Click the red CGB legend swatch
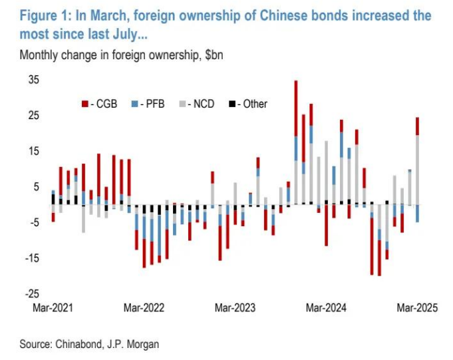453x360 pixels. click(84, 104)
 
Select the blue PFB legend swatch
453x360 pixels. click(136, 104)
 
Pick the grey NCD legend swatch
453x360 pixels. click(184, 104)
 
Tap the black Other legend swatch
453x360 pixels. click(231, 104)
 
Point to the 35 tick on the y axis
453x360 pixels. click(34, 81)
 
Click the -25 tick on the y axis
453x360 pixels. click(33, 293)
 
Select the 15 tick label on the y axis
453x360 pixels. click(34, 152)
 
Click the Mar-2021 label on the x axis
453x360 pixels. click(53, 308)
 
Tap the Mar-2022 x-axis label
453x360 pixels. click(144, 308)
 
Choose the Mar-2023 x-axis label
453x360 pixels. click(234, 308)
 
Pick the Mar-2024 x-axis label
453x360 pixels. click(325, 308)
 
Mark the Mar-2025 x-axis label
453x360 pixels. click(416, 308)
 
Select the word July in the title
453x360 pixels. click(118, 32)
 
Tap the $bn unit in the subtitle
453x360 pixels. click(210, 55)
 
